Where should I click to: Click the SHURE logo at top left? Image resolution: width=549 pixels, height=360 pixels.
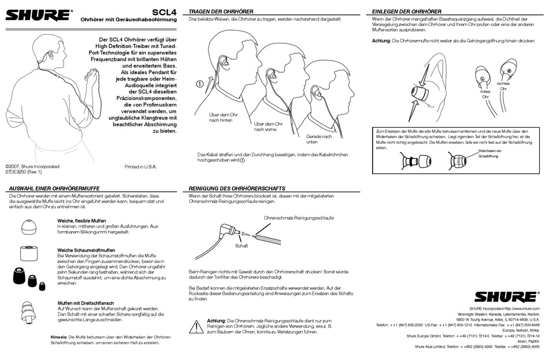click(x=40, y=13)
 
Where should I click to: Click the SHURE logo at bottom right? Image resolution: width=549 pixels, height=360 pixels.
click(x=505, y=296)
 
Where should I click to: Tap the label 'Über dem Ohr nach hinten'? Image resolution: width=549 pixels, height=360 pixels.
click(x=220, y=117)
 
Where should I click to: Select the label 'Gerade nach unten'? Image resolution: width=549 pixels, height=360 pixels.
click(x=319, y=139)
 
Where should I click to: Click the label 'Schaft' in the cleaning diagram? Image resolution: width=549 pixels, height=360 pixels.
click(x=241, y=246)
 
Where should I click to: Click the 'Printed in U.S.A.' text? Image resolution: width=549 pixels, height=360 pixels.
click(x=140, y=166)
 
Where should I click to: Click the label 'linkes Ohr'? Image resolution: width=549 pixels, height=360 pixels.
click(x=485, y=94)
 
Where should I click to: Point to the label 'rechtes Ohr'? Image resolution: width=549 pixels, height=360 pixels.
click(x=503, y=87)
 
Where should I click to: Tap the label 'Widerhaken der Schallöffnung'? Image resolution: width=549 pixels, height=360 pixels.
click(x=489, y=154)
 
